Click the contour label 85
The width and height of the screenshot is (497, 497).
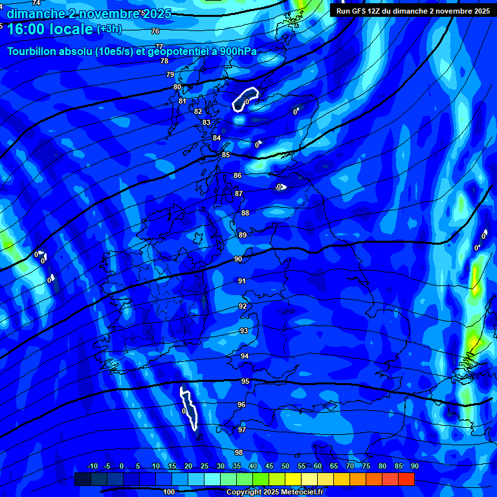226,155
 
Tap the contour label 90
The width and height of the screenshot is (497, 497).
238,259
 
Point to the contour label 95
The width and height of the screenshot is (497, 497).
245,382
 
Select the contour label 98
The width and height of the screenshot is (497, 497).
239,452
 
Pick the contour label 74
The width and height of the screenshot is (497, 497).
36,3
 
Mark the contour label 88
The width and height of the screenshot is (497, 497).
245,213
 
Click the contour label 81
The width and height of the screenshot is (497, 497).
182,101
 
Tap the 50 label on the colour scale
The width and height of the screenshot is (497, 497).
285,466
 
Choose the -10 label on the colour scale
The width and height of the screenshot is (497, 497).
92,466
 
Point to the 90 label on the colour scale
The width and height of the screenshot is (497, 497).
414,466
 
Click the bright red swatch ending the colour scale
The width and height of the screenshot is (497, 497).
406,479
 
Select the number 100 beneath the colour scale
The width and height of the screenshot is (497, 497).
169,492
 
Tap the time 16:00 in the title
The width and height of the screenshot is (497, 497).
28,29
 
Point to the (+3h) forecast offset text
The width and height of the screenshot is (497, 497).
109,28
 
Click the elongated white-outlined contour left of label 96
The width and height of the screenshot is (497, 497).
188,408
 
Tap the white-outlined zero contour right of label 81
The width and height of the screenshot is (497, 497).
245,100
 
